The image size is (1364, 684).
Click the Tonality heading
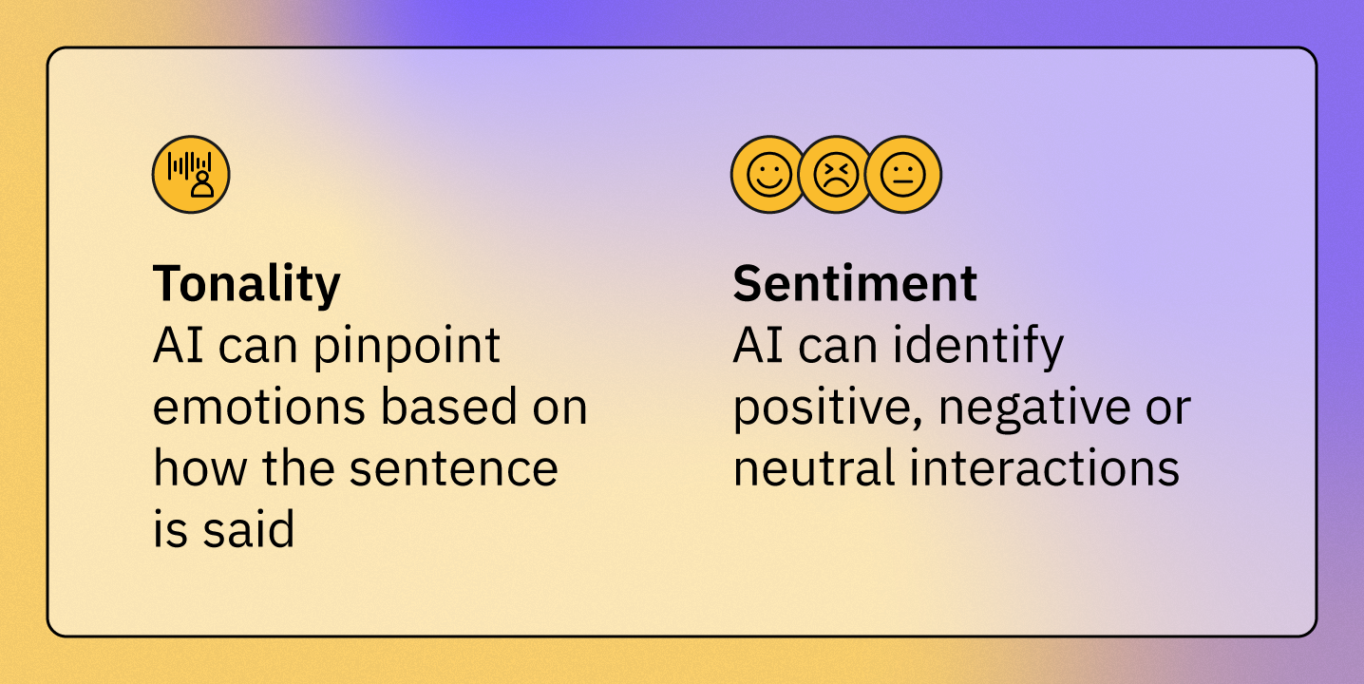tap(247, 284)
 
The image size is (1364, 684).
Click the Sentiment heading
tap(855, 283)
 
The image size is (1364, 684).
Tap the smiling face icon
tap(769, 175)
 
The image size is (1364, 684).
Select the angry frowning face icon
tap(836, 175)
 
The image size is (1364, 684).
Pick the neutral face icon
tap(903, 175)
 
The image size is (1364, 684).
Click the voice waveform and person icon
tap(191, 175)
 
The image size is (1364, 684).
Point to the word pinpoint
tap(407, 347)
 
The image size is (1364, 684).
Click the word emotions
tap(258, 407)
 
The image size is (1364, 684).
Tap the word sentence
tap(454, 468)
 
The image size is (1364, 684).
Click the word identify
tap(978, 347)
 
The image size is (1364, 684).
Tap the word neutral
tap(814, 467)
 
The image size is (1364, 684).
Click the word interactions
tap(1045, 467)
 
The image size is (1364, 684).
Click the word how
tap(200, 467)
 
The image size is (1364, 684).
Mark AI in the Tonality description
tap(178, 346)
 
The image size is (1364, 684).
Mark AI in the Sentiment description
tap(758, 346)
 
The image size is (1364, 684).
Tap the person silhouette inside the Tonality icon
tap(202, 184)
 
